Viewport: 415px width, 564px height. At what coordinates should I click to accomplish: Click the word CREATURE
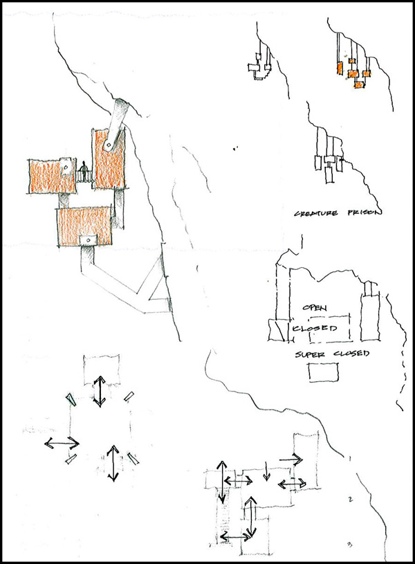click(316, 213)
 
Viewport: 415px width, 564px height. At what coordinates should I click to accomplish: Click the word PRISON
click(365, 212)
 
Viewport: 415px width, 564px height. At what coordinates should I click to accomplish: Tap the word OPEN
click(315, 308)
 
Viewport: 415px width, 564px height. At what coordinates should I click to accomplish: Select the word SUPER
click(310, 354)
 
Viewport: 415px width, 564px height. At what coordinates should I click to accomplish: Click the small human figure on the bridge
click(84, 171)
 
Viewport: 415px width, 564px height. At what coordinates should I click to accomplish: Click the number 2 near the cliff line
click(351, 499)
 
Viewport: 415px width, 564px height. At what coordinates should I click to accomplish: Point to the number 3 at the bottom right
click(350, 545)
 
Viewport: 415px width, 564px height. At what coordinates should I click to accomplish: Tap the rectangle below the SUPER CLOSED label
click(324, 372)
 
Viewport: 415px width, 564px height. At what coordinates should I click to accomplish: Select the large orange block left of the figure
click(50, 176)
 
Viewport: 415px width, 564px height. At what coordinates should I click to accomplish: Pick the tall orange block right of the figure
click(108, 158)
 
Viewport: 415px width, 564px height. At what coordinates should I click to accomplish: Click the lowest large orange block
click(84, 226)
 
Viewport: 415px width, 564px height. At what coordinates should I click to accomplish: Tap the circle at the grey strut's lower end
click(107, 145)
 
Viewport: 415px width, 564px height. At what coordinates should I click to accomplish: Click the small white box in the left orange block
click(66, 166)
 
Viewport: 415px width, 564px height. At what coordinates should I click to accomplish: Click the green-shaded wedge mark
click(70, 400)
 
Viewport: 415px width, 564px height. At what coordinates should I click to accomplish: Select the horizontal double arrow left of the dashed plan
click(62, 443)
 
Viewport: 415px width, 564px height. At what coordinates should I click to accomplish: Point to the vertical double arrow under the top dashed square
click(100, 392)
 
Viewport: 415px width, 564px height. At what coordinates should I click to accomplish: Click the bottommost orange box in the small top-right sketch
click(358, 84)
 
